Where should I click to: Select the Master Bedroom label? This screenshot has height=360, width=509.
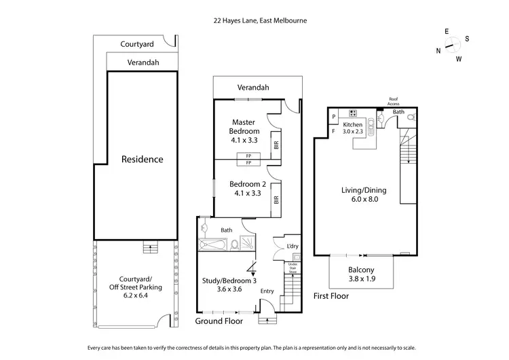coord(244,127)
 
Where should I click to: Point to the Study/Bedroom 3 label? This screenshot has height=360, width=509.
coord(229,285)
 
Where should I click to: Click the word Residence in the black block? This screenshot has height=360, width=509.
coord(143,160)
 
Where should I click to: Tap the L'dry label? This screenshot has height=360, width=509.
coord(293,245)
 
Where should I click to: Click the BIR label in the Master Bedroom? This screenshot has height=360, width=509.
coord(275,145)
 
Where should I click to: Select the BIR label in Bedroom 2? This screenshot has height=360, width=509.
coord(275,200)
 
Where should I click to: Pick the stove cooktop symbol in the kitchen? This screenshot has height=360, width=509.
coord(353,113)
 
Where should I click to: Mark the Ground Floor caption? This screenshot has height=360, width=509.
coord(219,321)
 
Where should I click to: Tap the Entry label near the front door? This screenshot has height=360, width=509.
coord(268,291)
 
